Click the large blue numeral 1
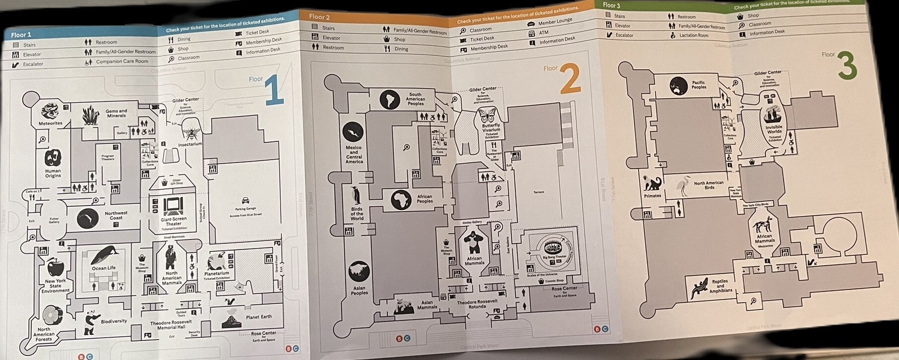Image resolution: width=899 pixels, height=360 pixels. [x=274, y=91]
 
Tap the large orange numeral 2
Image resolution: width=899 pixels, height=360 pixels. [x=570, y=79]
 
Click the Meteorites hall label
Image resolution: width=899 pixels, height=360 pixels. [x=51, y=123]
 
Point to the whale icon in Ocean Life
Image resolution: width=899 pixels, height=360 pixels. [x=104, y=256]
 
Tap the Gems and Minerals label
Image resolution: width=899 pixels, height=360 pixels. [x=116, y=113]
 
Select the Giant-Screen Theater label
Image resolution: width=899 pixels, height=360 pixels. [x=174, y=221]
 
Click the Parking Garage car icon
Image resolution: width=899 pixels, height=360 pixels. [x=245, y=201]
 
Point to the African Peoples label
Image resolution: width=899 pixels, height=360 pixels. [x=424, y=199]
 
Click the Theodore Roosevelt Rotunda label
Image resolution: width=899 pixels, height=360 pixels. [x=477, y=304]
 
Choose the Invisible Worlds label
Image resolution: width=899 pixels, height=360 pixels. [x=774, y=130]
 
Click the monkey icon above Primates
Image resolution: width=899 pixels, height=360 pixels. [x=653, y=183]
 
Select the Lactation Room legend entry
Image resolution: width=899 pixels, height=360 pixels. [x=693, y=35]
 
